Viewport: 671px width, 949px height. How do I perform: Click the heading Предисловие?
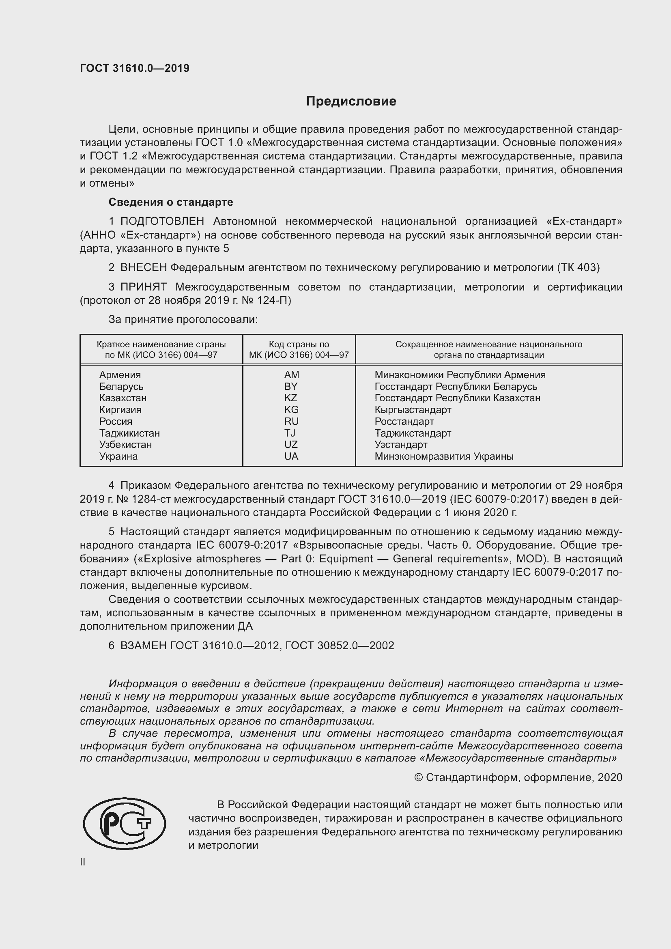tap(351, 101)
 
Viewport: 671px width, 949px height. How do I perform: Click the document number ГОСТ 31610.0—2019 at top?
tap(135, 68)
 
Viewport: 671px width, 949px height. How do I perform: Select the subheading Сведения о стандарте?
tap(171, 202)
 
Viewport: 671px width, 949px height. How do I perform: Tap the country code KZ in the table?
tap(291, 398)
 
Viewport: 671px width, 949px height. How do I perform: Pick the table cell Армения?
tap(120, 374)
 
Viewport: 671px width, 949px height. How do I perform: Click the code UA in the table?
tap(291, 456)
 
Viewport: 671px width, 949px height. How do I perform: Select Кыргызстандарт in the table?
tap(413, 410)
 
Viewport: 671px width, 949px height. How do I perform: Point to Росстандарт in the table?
tap(404, 421)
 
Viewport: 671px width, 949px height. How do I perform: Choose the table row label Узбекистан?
tap(125, 444)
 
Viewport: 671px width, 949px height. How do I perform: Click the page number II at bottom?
tap(83, 862)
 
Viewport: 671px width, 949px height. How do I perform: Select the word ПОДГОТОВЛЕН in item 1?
tap(162, 221)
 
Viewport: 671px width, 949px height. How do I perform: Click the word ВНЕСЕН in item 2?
tap(143, 267)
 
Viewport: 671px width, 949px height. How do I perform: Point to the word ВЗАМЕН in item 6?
tap(143, 645)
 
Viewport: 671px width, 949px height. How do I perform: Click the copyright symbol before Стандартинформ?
tap(418, 777)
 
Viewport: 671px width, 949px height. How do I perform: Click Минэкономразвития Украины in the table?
tap(444, 456)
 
